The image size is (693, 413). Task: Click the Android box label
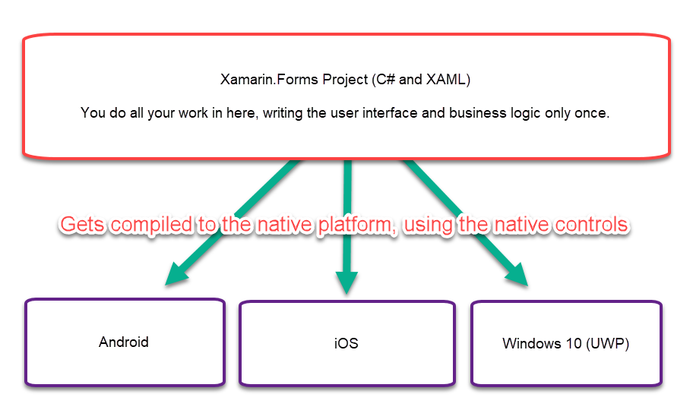click(x=124, y=342)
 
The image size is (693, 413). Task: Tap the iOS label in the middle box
click(x=346, y=343)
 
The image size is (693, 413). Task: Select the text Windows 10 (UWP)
click(x=565, y=344)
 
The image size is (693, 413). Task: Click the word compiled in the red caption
click(x=160, y=225)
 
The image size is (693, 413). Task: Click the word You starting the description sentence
click(x=93, y=113)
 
